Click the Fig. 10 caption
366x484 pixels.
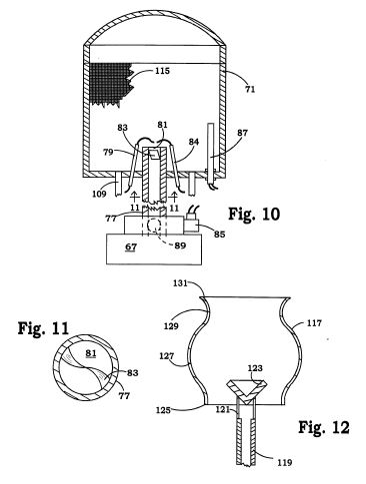click(x=254, y=214)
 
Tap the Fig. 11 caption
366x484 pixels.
click(x=43, y=328)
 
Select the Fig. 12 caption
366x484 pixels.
click(x=324, y=427)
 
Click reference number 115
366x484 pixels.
click(x=162, y=71)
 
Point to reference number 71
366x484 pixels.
click(x=250, y=89)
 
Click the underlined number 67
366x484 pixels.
click(x=130, y=246)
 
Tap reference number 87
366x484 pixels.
click(x=243, y=133)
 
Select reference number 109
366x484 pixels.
click(x=99, y=194)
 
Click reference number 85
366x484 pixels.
click(x=219, y=235)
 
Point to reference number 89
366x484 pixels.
click(x=180, y=245)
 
